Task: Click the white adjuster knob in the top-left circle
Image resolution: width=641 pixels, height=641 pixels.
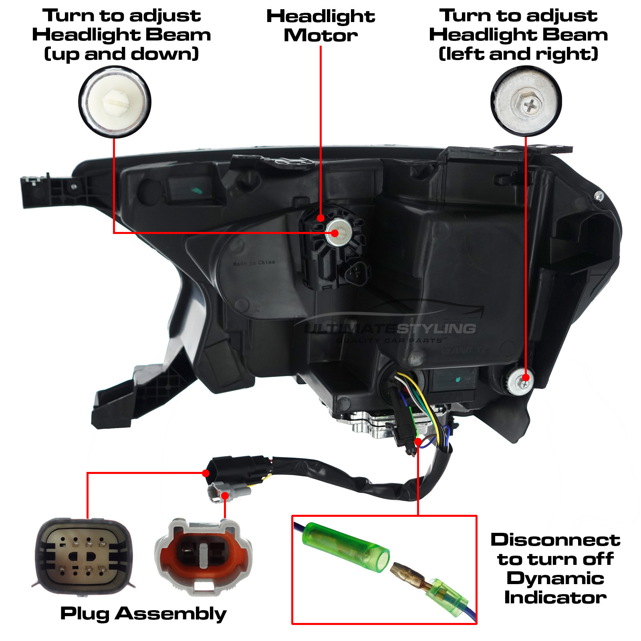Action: coord(115,102)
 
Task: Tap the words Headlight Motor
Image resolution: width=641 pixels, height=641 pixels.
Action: coord(320,26)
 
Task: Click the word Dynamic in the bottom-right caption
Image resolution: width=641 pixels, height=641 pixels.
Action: coord(555,578)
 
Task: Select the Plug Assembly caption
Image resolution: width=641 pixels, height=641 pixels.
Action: coord(143,613)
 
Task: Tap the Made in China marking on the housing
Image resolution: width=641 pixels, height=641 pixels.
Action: coord(254,263)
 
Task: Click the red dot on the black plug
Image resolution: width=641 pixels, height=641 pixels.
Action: coord(206,473)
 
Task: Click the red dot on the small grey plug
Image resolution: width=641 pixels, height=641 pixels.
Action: coord(225,496)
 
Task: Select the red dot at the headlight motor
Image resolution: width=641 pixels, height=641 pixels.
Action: coord(320,218)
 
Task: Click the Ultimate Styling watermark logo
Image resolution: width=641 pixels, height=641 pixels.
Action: coord(391,329)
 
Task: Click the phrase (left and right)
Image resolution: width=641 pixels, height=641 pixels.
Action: coord(518,54)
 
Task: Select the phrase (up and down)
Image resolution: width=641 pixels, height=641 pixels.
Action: coord(121,54)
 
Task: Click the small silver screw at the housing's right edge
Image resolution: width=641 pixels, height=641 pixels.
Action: coord(599,196)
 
